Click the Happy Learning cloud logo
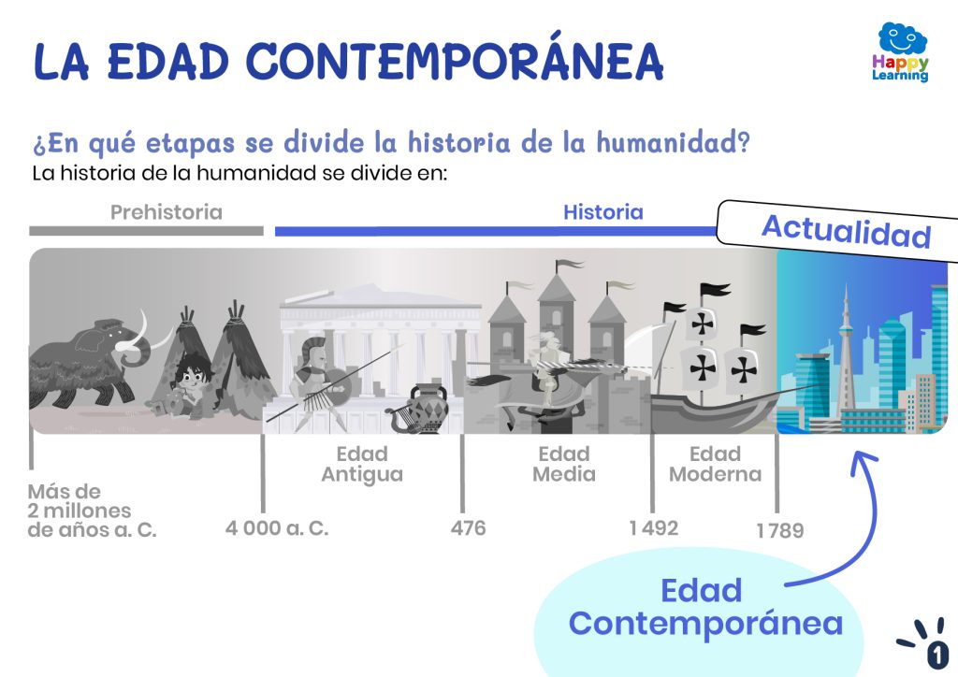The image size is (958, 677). tap(901, 52)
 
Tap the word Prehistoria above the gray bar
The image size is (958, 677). tap(167, 212)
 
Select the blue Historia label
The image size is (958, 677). tap(603, 212)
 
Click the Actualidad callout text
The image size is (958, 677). tap(846, 232)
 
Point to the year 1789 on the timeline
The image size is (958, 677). tap(779, 530)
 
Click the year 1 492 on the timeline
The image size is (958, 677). tap(654, 528)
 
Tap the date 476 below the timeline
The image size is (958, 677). tap(468, 528)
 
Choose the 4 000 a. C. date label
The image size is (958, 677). tap(277, 528)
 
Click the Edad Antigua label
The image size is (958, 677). tap(362, 465)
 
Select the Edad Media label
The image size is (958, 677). tap(564, 464)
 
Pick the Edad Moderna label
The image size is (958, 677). tap(716, 464)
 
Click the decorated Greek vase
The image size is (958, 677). tap(428, 409)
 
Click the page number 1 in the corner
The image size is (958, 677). tap(936, 655)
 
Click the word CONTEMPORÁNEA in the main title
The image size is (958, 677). tap(455, 61)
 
